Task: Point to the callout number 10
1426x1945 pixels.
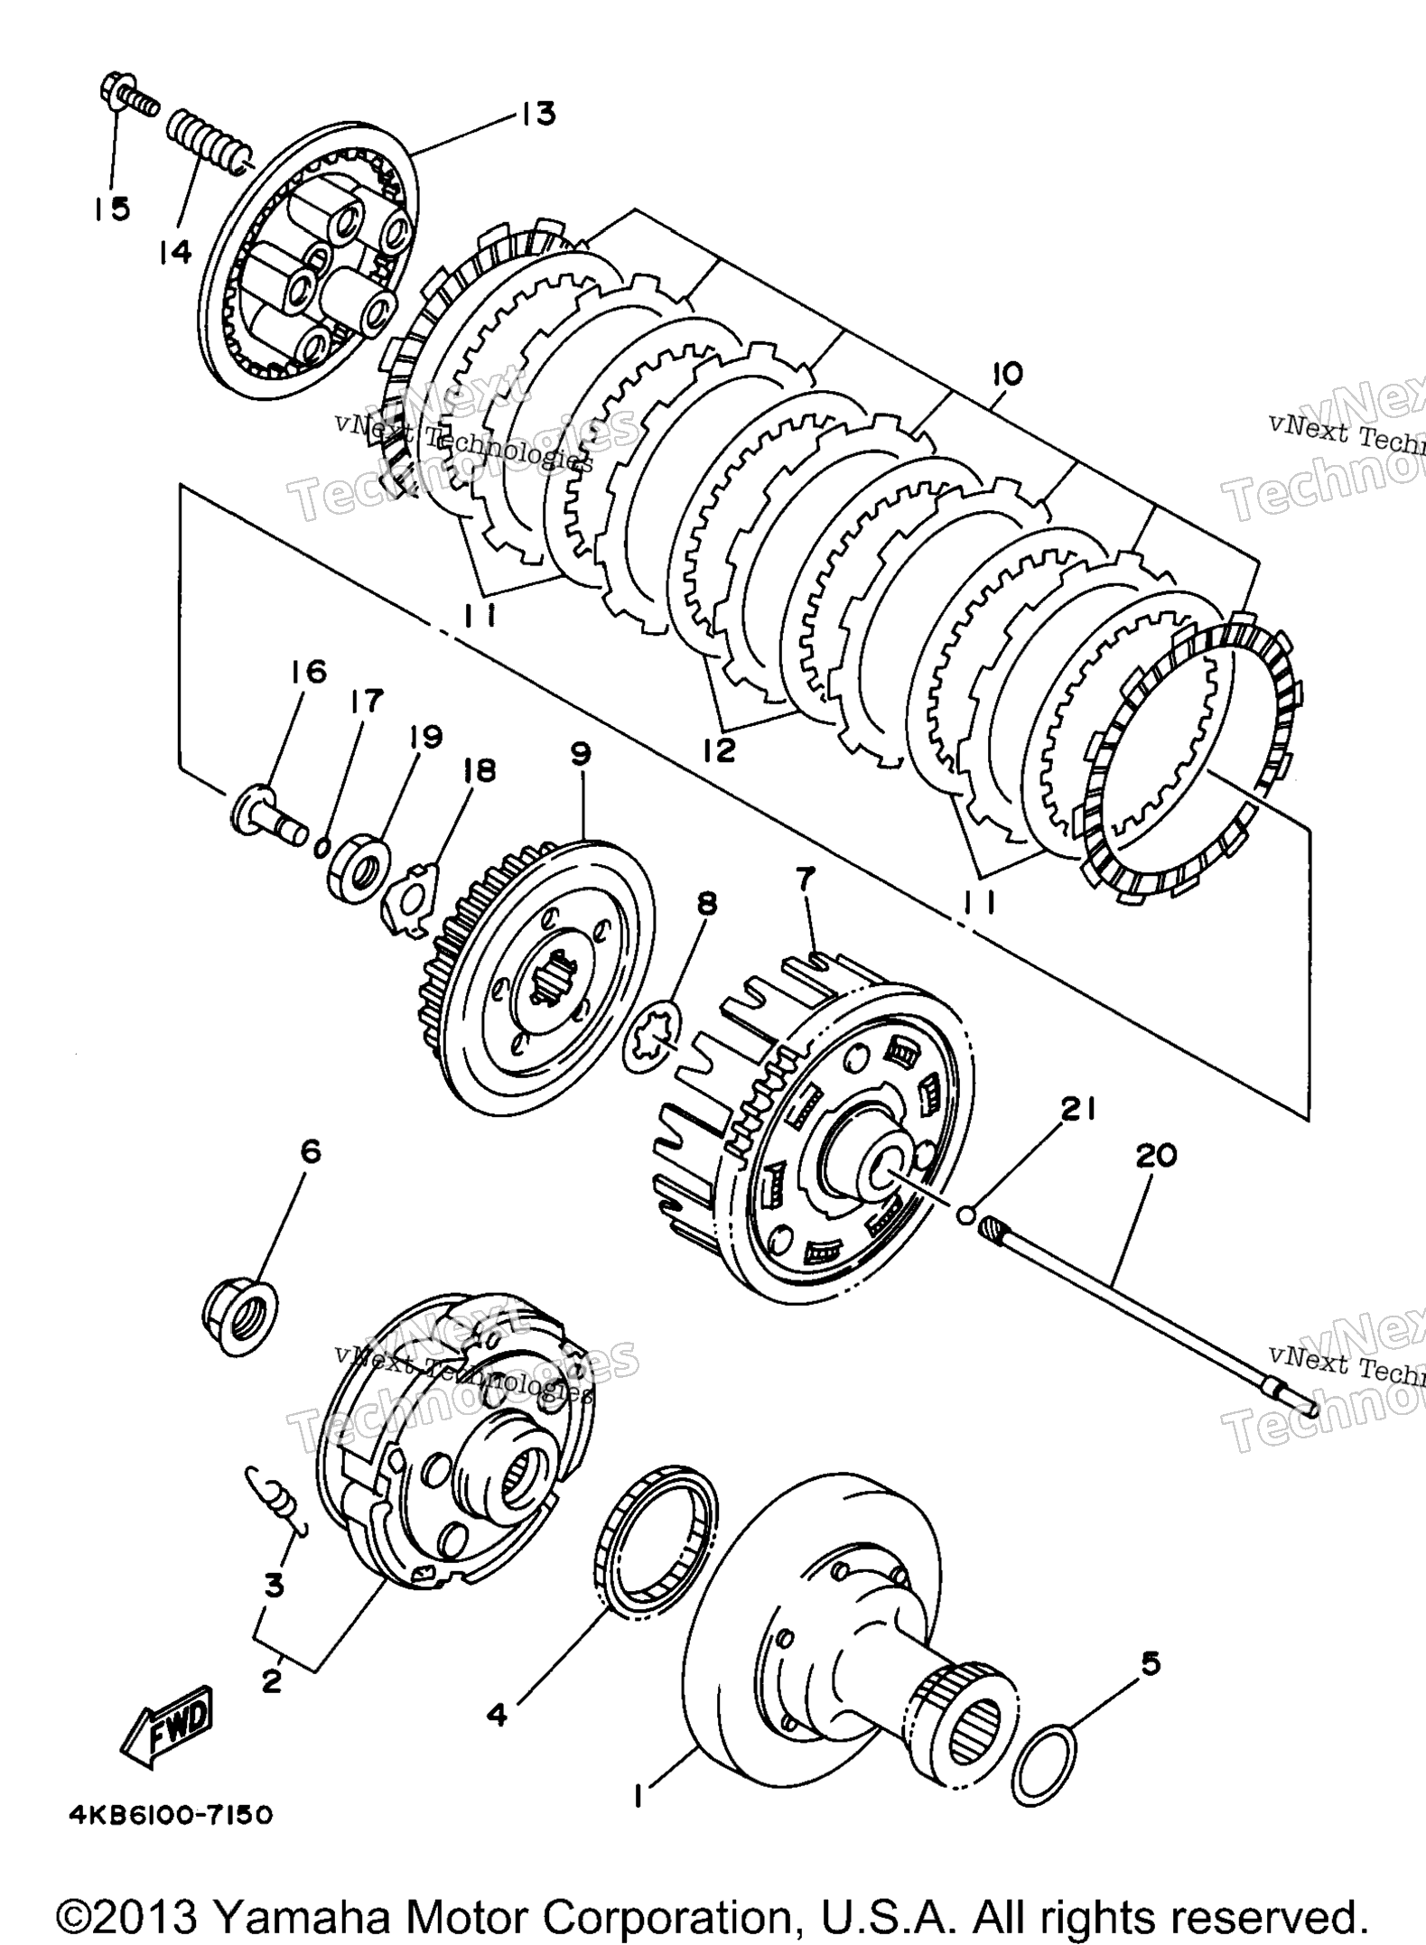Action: pos(1007,373)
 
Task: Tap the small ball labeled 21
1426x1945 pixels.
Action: pos(967,1214)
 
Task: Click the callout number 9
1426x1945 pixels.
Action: pos(579,753)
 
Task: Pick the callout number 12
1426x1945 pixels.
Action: pos(719,750)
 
